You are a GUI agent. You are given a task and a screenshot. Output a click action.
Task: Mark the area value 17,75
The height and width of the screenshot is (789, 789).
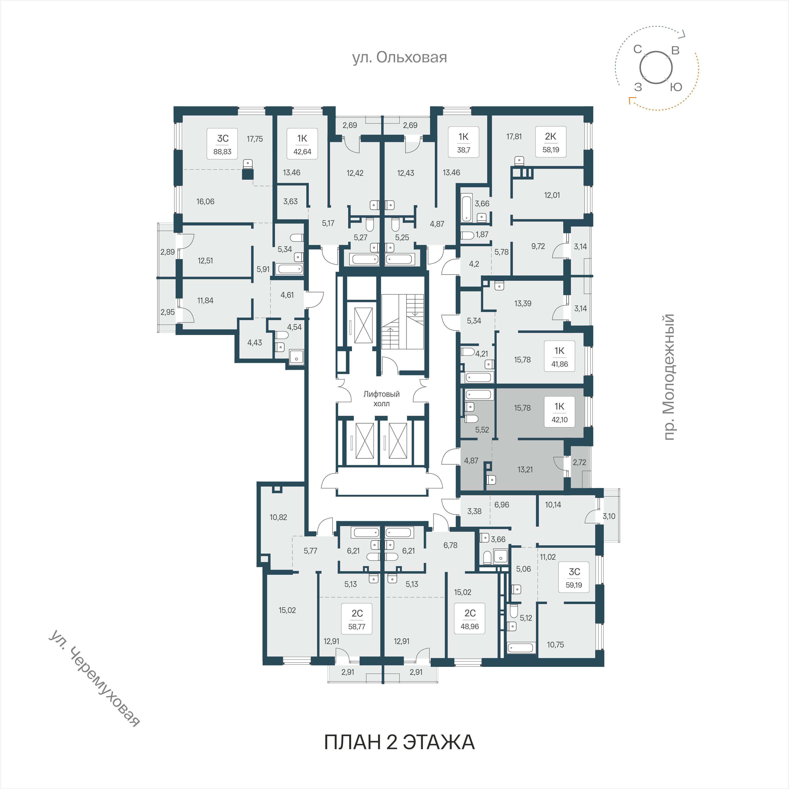255,139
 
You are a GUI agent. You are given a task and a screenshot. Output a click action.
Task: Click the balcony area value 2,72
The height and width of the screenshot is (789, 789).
579,462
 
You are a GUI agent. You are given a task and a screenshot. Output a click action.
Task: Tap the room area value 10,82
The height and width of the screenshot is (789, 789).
278,517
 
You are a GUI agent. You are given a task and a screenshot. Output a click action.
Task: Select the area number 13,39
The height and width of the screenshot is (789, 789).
523,304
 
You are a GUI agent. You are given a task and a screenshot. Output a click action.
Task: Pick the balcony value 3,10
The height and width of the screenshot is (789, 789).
609,516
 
